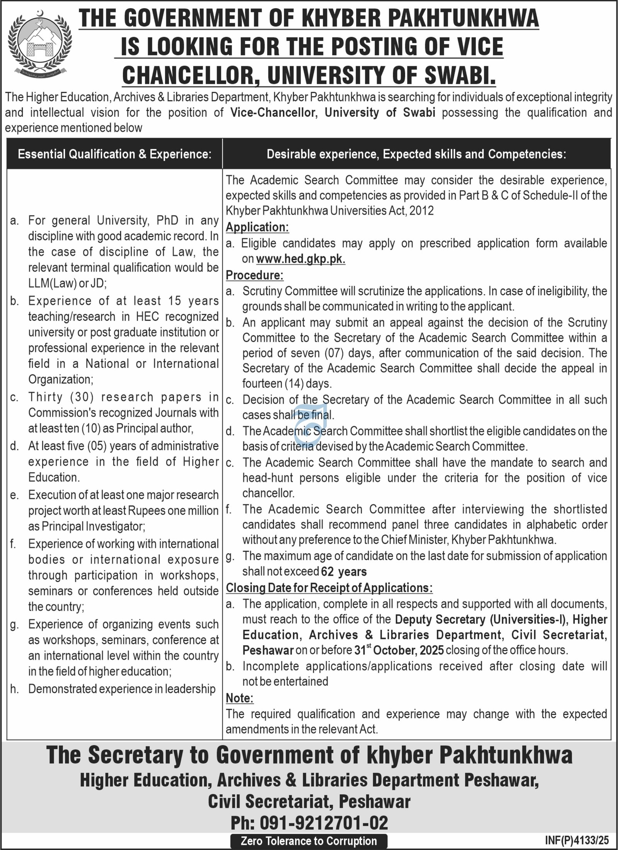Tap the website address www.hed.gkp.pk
tap(300, 259)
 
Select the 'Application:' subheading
tap(257, 227)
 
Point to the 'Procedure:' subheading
tap(255, 275)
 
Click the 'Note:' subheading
tap(239, 698)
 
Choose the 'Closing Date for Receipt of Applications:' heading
tap(329, 588)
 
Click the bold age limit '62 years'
tap(344, 572)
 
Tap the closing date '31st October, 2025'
tap(399, 650)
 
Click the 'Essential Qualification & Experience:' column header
tap(115, 155)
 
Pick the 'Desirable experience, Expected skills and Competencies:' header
tap(416, 155)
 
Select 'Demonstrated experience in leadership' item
tap(122, 689)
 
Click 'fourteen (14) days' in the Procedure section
tap(287, 383)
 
